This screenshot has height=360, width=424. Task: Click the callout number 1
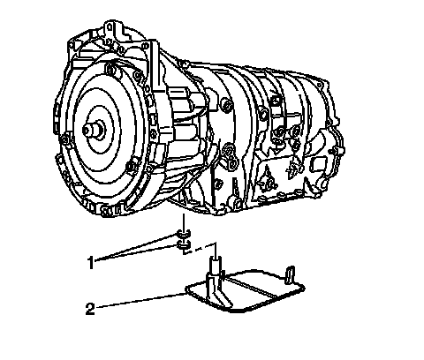[x=91, y=262]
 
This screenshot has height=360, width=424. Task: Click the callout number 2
[x=90, y=309]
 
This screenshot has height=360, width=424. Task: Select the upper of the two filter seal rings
[x=184, y=234]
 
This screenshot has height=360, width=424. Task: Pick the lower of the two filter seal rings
[x=184, y=244]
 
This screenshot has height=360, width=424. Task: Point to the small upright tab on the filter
[x=290, y=275]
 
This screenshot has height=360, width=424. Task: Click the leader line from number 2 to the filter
[x=140, y=301]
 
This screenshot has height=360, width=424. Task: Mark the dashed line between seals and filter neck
[x=200, y=249]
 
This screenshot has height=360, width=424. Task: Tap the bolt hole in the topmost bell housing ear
[x=110, y=27]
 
